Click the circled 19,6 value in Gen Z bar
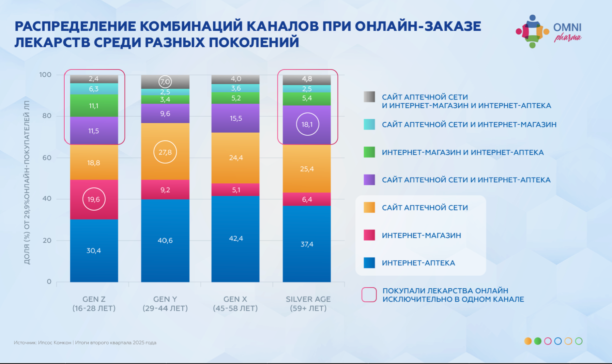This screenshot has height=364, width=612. coord(94,199)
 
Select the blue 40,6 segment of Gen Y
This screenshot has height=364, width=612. coord(165,240)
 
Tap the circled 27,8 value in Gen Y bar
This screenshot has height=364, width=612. coord(165,152)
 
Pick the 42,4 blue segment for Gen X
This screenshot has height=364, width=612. coord(235,238)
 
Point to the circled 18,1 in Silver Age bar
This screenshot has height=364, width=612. coord(307,124)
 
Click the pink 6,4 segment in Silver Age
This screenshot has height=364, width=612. coord(307,199)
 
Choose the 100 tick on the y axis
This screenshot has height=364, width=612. coord(45,75)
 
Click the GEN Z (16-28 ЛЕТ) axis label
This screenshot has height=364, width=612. coord(94,303)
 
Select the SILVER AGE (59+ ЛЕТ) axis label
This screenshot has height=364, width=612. coord(308,303)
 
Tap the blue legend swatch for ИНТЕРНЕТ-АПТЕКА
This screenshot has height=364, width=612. coord(369,263)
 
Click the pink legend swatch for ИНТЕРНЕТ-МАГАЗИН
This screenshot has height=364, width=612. coord(369,235)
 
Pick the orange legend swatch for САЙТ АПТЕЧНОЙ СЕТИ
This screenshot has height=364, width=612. coord(369,207)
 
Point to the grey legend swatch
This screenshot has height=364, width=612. coord(369,97)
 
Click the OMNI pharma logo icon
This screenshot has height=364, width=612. coord(532,31)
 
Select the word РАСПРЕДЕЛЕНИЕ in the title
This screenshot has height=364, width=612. coord(75,26)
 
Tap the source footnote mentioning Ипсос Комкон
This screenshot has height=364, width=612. coord(85,343)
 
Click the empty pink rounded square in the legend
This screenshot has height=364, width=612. coord(369,295)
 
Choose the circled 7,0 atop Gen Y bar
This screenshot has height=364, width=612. coord(165,82)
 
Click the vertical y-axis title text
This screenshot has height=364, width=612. coord(27,182)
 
